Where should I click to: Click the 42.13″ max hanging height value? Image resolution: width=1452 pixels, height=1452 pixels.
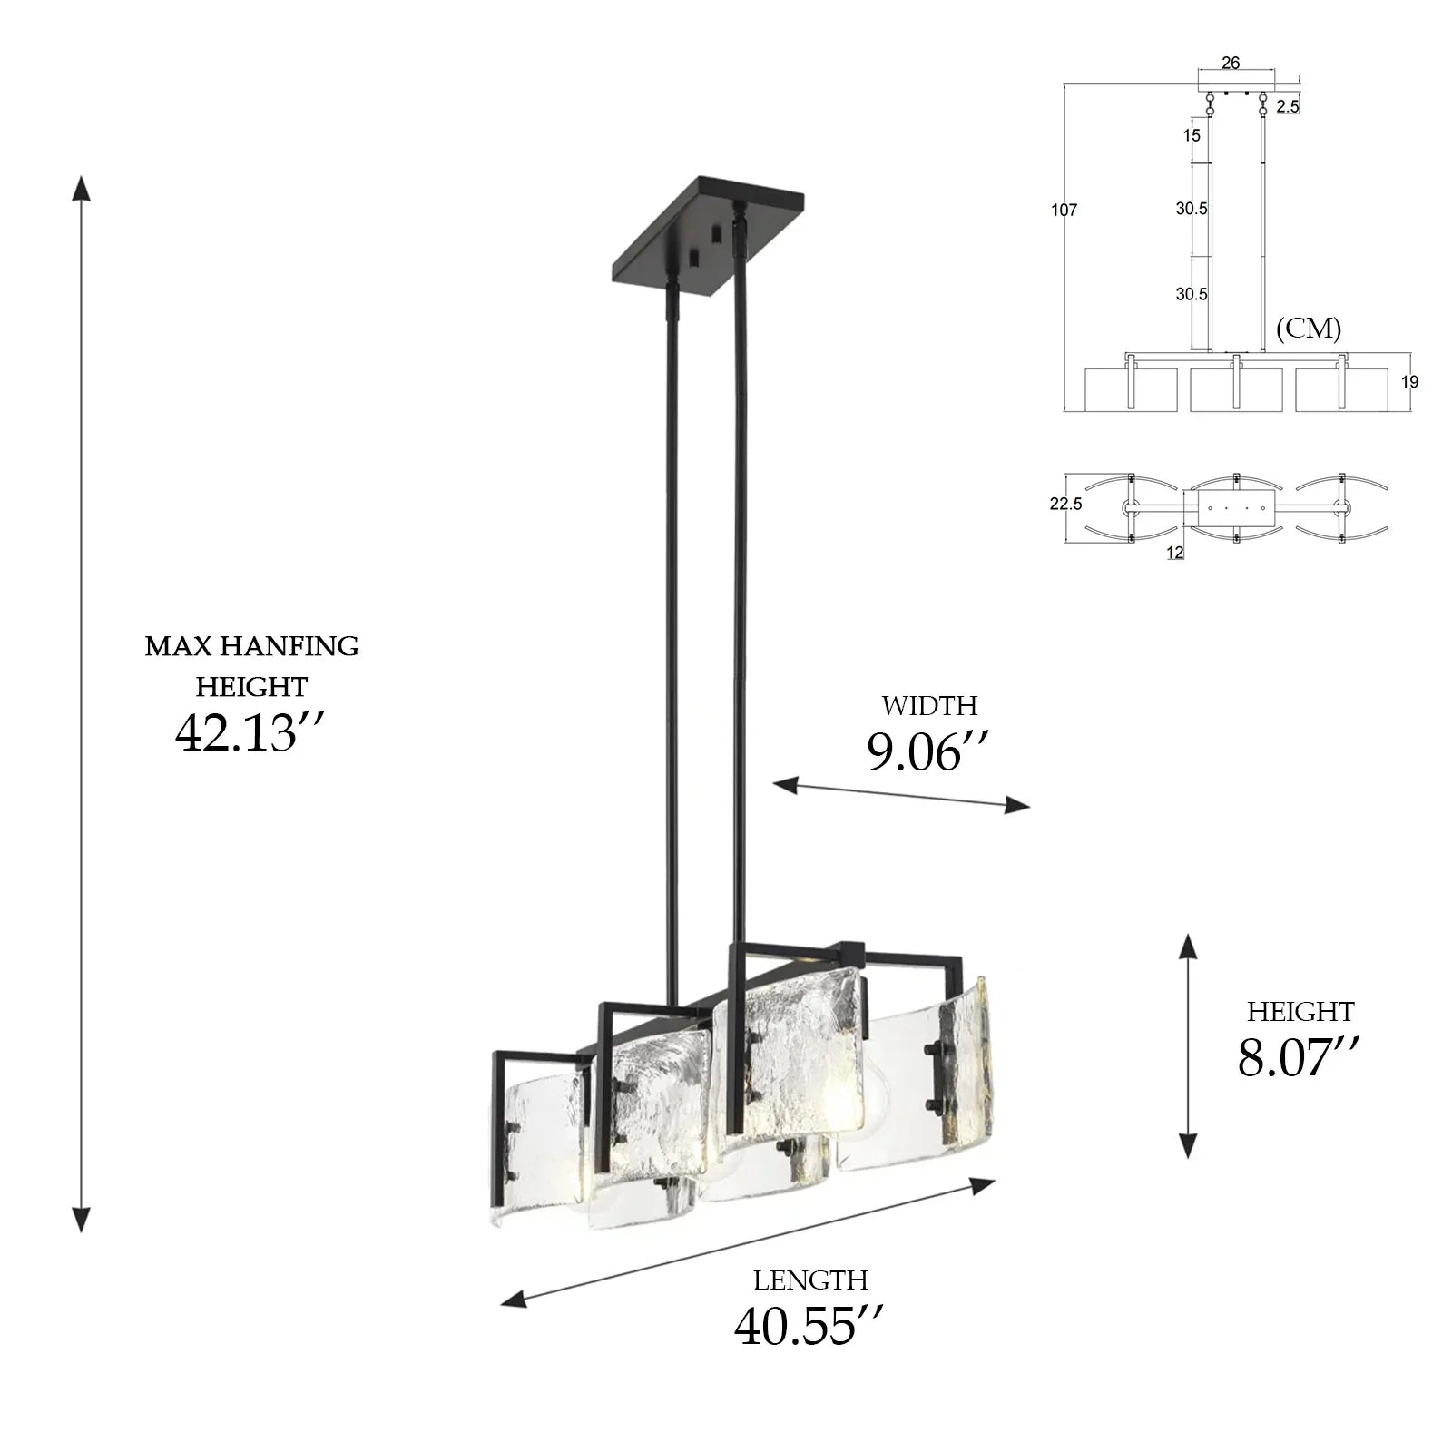[249, 733]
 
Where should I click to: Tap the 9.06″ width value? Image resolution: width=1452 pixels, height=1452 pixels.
[926, 752]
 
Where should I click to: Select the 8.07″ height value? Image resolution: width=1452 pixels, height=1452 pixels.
[1299, 1057]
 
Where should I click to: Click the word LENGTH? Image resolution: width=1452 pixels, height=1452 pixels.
[810, 1280]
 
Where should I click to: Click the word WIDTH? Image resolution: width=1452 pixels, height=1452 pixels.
[929, 706]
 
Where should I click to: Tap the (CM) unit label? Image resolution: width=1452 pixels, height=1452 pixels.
[1308, 329]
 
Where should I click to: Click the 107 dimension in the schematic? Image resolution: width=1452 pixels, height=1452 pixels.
[1064, 211]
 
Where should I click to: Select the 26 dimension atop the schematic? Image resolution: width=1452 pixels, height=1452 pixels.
[1231, 63]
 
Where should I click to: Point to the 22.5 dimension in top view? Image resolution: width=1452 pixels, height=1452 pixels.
[1065, 504]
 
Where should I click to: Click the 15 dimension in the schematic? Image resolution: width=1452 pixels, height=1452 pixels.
[1192, 135]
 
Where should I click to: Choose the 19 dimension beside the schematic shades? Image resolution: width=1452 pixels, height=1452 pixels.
[1408, 382]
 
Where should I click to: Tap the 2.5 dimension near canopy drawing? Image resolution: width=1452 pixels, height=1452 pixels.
[1287, 107]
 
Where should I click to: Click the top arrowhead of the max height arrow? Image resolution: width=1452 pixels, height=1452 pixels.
[82, 189]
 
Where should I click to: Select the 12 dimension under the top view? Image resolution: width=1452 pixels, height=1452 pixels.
[1175, 553]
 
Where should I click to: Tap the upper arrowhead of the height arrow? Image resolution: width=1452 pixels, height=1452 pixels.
[1188, 947]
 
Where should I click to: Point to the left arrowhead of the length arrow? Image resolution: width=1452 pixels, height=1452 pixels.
[514, 1300]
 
